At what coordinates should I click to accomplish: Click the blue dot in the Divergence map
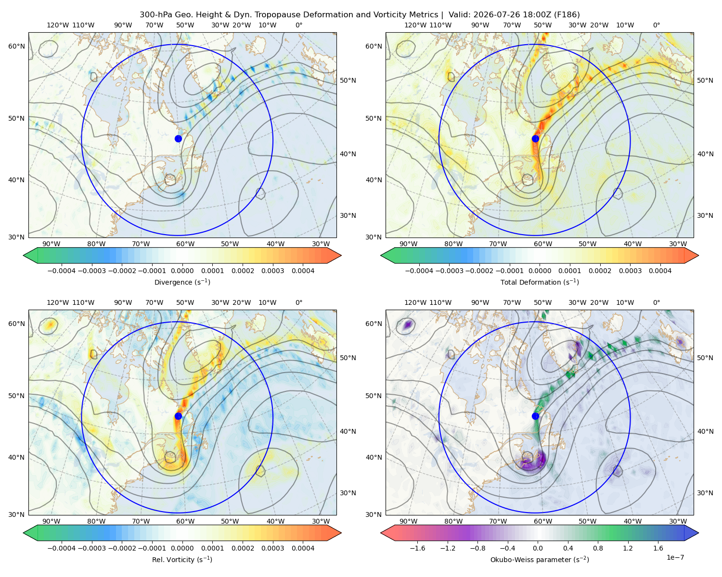coord(178,138)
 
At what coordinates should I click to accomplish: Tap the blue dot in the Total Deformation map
coord(535,138)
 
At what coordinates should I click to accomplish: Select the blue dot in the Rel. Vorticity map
coord(178,416)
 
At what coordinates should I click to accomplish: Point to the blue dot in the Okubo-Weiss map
coord(535,416)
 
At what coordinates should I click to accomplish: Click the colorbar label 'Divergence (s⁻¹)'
coord(182,282)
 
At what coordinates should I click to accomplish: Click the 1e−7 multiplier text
coord(675,558)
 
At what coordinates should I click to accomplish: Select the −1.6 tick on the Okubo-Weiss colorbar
coord(417,548)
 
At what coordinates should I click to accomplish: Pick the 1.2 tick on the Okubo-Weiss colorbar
coord(628,548)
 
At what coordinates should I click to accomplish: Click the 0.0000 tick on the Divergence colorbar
coord(182,271)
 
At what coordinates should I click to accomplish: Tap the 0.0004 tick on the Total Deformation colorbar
coord(660,271)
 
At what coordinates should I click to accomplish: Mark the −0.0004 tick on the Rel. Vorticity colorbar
coord(62,548)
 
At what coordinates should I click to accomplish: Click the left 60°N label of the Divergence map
coord(16,46)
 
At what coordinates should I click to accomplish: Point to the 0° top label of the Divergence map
coord(299,25)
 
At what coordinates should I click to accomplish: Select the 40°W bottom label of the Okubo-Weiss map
coord(633,521)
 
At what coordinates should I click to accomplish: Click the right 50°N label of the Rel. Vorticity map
coord(348,358)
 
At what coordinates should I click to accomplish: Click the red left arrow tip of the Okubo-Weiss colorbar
coord(381,533)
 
